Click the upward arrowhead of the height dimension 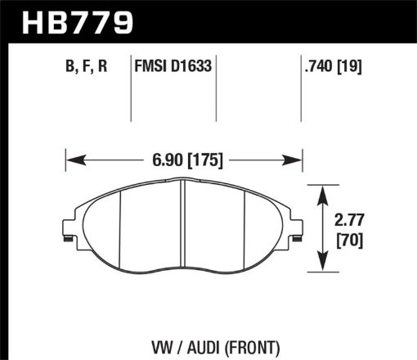324,191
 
